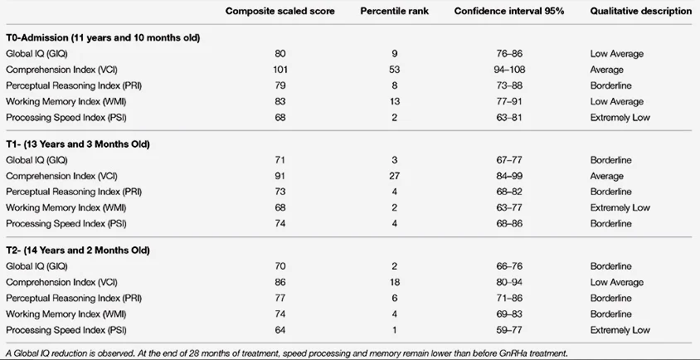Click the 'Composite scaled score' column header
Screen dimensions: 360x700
[x=280, y=12]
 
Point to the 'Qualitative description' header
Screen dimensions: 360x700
[x=629, y=12]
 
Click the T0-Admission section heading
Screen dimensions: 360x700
[x=102, y=38]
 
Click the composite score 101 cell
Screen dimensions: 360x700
[x=280, y=70]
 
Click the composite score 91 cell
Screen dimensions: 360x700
[x=280, y=176]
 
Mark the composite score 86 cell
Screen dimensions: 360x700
[x=280, y=282]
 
